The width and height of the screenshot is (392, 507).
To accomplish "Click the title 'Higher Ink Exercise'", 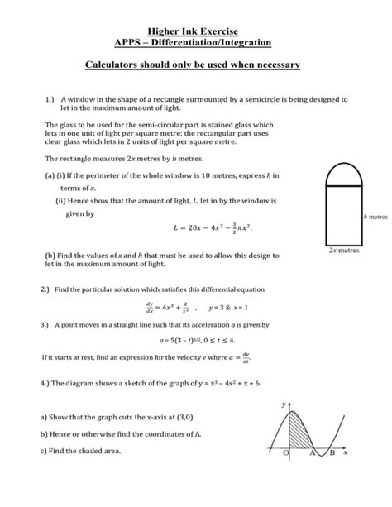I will pyautogui.click(x=196, y=27).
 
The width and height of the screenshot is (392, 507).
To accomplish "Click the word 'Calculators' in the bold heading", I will pyautogui.click(x=129, y=64).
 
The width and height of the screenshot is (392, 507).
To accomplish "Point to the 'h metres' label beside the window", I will pyautogui.click(x=376, y=217).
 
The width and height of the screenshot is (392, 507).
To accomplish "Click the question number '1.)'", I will pyautogui.click(x=49, y=98).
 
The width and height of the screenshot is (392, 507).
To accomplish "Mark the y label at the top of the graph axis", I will pyautogui.click(x=284, y=404).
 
